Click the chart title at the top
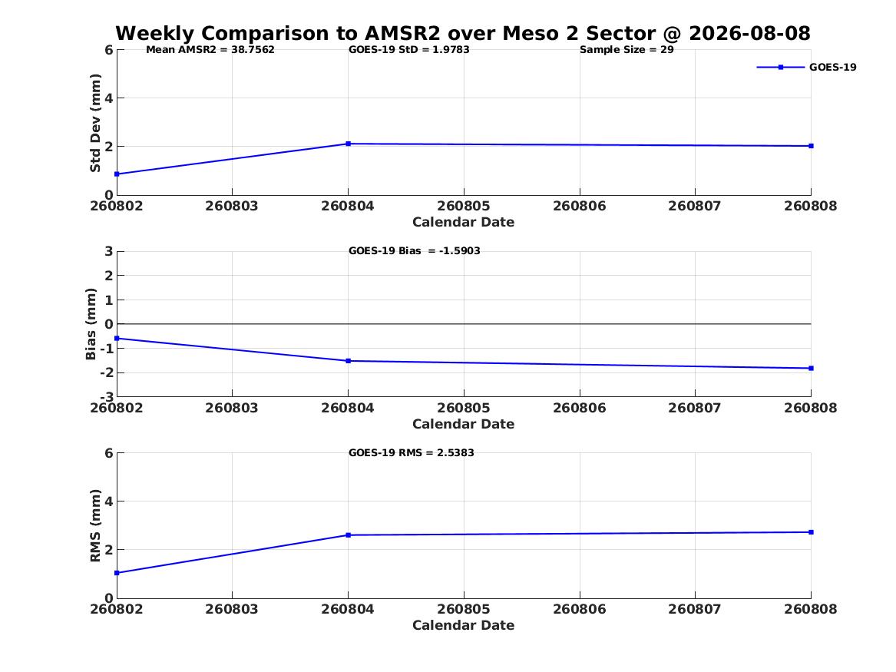(x=463, y=33)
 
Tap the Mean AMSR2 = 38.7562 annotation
(x=210, y=50)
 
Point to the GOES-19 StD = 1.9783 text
(x=409, y=50)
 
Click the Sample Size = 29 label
(x=627, y=50)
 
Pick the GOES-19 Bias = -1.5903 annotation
(x=415, y=251)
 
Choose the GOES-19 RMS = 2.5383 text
(x=412, y=452)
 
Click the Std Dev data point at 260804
(x=348, y=144)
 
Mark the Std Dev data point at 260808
(x=811, y=146)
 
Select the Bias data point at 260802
(x=117, y=338)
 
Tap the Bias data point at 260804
(x=348, y=361)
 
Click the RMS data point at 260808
(x=811, y=532)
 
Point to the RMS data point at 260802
(x=117, y=573)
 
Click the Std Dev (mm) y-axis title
(x=95, y=123)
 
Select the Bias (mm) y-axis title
(x=91, y=324)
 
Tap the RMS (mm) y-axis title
(x=95, y=526)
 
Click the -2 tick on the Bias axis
(x=106, y=373)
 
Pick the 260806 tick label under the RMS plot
(x=580, y=609)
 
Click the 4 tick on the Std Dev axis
(x=108, y=98)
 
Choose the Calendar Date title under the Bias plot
(x=464, y=424)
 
